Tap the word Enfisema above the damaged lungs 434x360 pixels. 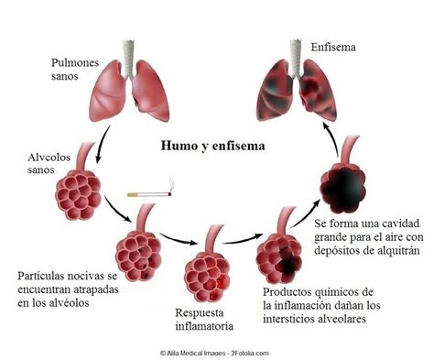332,46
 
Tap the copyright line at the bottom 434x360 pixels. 217,350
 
